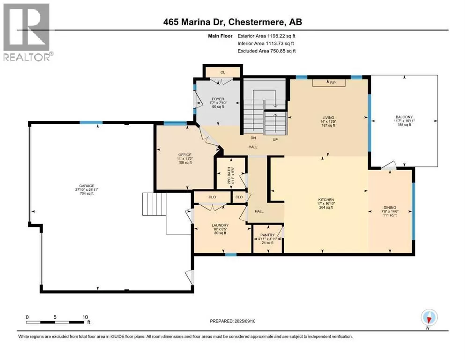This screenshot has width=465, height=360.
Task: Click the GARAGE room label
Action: point(87,186)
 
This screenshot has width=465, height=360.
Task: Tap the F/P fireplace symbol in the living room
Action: point(329,83)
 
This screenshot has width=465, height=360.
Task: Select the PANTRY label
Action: point(267,235)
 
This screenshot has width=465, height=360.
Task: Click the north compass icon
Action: point(429,318)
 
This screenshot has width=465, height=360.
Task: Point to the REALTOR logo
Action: point(27,32)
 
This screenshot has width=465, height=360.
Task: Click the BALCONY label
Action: point(404,117)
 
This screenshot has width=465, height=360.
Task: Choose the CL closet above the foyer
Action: point(223,72)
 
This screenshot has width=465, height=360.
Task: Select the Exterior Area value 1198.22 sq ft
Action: point(281,36)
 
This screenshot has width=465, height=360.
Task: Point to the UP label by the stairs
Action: point(275,139)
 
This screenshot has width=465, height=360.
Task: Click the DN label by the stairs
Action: point(253,138)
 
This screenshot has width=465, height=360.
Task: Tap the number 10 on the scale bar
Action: point(85,317)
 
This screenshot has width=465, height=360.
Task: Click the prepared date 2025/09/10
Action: point(244,321)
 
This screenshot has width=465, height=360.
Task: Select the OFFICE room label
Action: point(185,155)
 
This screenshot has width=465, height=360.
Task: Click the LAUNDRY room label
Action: point(220,225)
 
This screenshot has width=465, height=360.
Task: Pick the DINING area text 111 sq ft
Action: point(390,215)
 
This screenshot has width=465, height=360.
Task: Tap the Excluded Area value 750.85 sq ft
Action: point(283,51)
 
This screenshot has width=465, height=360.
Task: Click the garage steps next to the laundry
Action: point(154,204)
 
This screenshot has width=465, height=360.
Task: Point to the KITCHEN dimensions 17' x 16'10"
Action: point(326,203)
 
